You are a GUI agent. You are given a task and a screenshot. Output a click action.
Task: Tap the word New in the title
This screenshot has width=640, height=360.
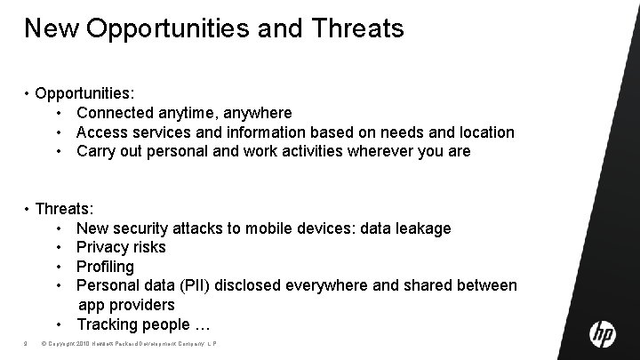(x=52, y=28)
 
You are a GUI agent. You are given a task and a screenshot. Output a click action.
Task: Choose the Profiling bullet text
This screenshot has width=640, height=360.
(x=105, y=267)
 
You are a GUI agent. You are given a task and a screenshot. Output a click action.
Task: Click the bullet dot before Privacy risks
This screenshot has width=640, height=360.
(x=59, y=247)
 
